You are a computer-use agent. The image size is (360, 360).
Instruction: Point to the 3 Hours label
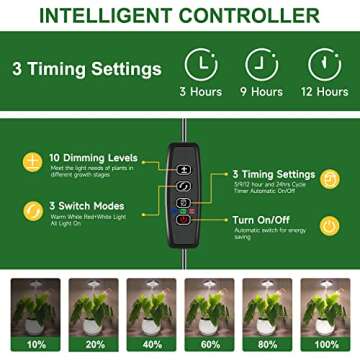click(x=201, y=92)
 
